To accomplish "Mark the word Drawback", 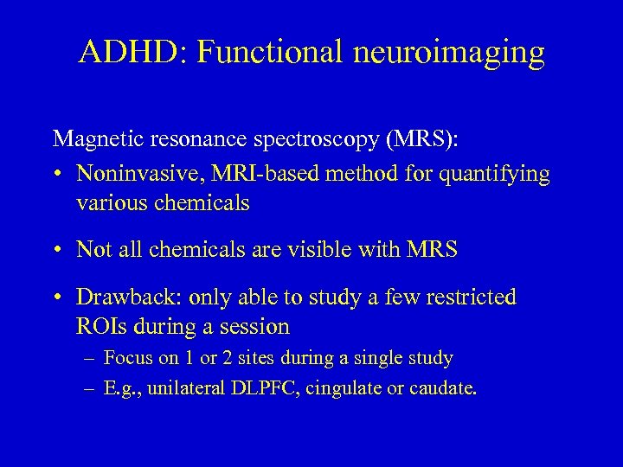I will pos(119,297).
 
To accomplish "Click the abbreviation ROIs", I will pos(98,327).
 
